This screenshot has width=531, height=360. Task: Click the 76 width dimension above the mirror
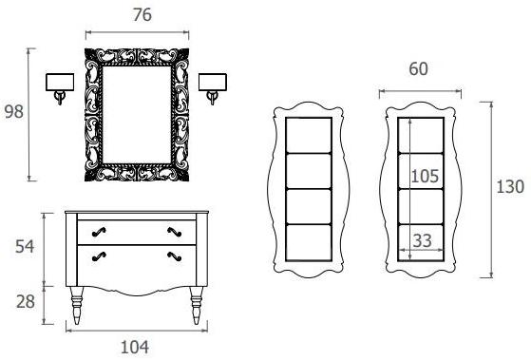point(142,15)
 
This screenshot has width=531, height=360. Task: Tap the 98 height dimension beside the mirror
point(14,112)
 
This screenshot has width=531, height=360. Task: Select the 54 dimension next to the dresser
point(25,247)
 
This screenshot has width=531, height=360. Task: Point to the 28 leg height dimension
point(26,302)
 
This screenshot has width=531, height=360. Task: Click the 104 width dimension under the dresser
point(135,347)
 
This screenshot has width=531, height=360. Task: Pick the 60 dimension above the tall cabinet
point(418,69)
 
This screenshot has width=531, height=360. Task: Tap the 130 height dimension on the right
point(510,187)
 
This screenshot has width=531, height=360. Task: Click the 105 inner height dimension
point(425,176)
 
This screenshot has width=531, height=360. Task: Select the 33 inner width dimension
point(423,240)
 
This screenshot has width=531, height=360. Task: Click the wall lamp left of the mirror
point(60,88)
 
